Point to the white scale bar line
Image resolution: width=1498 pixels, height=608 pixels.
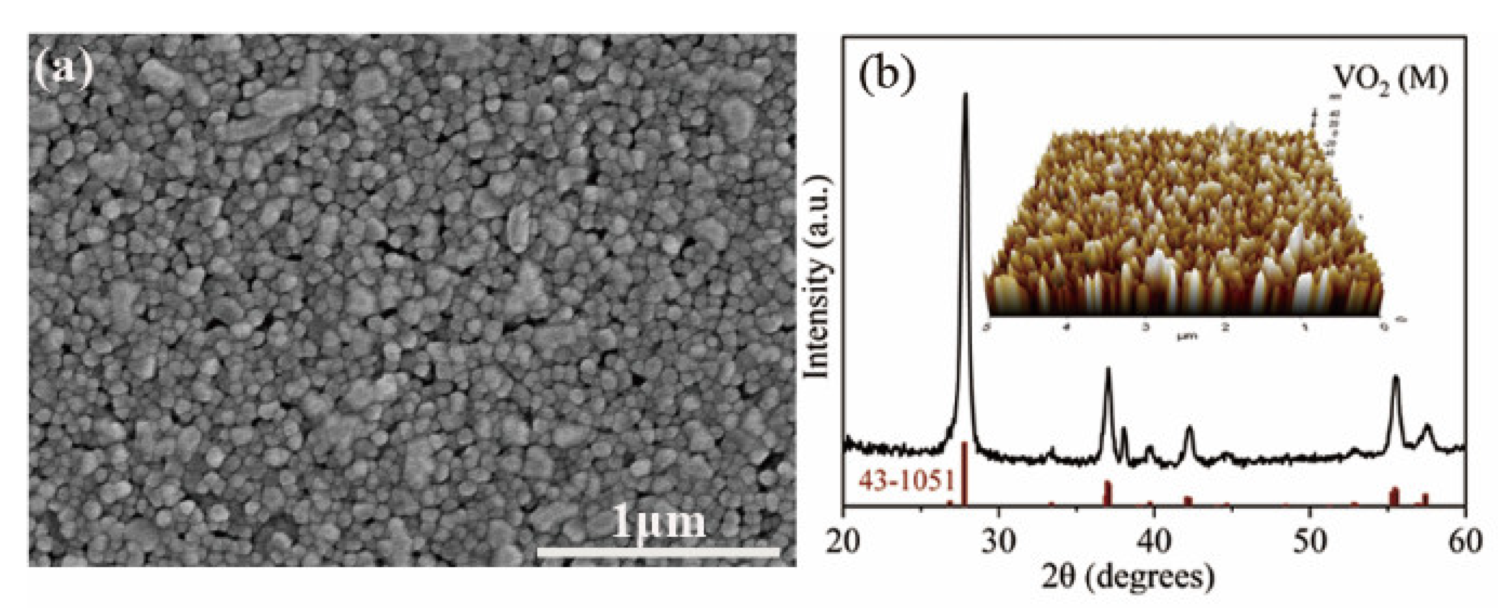point(657,551)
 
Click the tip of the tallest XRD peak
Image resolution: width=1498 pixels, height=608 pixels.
point(966,94)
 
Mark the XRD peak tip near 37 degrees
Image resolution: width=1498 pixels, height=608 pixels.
point(1108,368)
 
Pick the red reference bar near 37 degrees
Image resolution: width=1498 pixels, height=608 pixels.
point(1108,493)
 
